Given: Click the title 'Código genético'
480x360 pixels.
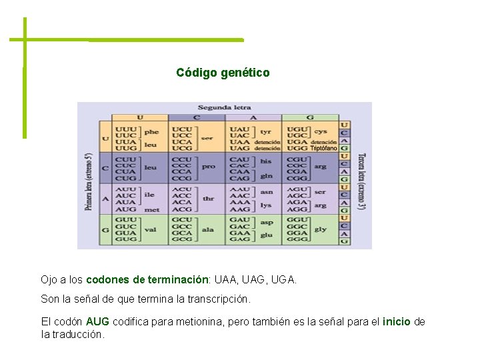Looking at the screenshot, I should click(x=223, y=73).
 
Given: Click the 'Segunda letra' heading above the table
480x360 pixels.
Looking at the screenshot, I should click(x=225, y=107).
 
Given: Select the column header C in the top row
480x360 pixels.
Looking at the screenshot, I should click(x=197, y=117).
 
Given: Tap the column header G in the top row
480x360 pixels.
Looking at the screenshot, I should click(x=310, y=117).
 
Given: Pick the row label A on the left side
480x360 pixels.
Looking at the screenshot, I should click(x=105, y=199).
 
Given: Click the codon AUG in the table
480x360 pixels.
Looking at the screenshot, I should click(x=125, y=209).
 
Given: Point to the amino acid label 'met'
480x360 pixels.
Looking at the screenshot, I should click(x=152, y=209).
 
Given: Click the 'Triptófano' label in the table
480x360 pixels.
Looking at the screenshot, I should click(x=323, y=149).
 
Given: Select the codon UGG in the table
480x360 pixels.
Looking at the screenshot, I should click(x=297, y=149).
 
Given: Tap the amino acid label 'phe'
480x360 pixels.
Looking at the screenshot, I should click(x=151, y=132).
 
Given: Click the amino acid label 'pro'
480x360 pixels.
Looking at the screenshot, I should click(x=208, y=167).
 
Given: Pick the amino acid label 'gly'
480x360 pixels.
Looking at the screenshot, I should click(x=320, y=229).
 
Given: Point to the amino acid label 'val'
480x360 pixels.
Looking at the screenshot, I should click(x=151, y=229).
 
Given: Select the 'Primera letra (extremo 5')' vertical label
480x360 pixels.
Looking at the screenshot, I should click(x=88, y=182).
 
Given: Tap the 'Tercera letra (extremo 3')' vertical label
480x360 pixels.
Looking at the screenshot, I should click(x=361, y=182).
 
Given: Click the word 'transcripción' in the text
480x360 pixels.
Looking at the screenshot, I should click(x=217, y=299).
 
